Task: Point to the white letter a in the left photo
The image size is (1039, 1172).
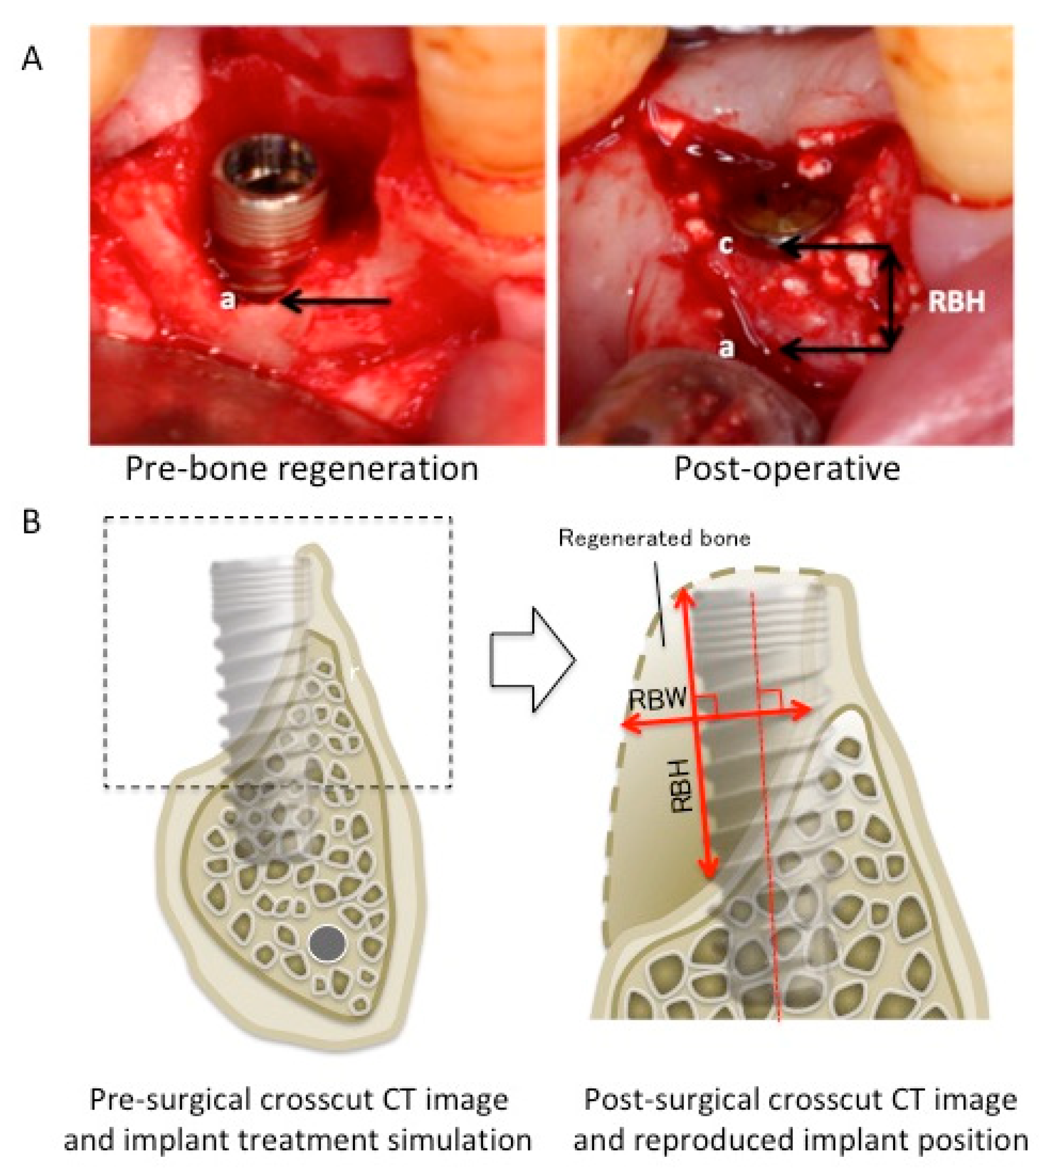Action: [228, 300]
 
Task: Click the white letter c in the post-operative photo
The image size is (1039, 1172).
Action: [726, 245]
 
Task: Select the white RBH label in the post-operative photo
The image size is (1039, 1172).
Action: [956, 301]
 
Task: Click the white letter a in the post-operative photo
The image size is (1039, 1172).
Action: [726, 347]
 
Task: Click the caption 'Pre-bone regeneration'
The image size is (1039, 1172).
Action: [301, 469]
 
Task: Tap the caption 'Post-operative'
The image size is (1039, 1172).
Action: [786, 469]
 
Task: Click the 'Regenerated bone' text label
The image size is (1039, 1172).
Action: [654, 538]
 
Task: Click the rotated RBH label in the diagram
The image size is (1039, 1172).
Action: [682, 793]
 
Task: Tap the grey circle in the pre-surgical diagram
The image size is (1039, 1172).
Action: [327, 944]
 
